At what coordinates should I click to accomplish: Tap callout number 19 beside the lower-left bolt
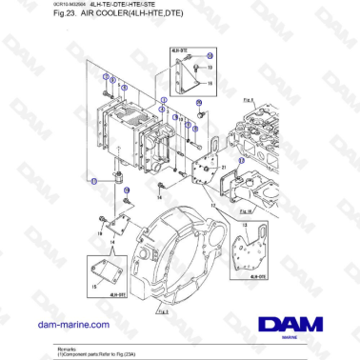pyautogui.click(x=100, y=221)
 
